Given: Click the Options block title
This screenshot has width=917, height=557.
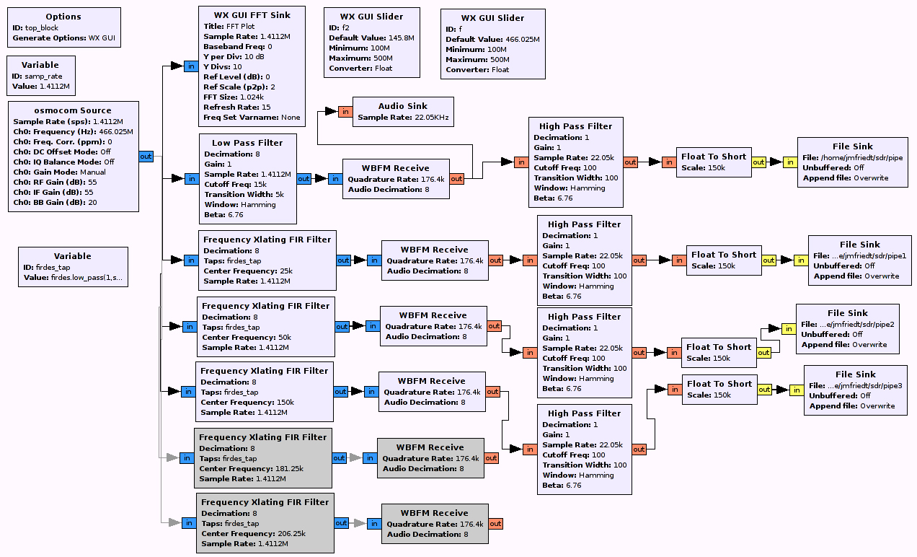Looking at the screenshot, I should coord(63,17).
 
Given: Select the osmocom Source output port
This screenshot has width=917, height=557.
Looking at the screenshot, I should coord(146,156).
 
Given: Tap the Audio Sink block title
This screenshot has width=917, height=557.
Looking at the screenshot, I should coord(402,106).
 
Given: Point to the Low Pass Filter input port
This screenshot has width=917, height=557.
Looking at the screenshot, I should coord(192,178).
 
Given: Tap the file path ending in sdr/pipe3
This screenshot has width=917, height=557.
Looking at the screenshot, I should coord(864,385).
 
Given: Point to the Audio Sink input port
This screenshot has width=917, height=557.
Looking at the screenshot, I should coord(346,111).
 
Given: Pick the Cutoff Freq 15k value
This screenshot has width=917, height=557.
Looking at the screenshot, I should coord(260,184).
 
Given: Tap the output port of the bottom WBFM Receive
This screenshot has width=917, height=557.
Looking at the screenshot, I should coord(495,524).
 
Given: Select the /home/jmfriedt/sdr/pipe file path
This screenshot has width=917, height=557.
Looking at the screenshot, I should coord(861,157).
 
